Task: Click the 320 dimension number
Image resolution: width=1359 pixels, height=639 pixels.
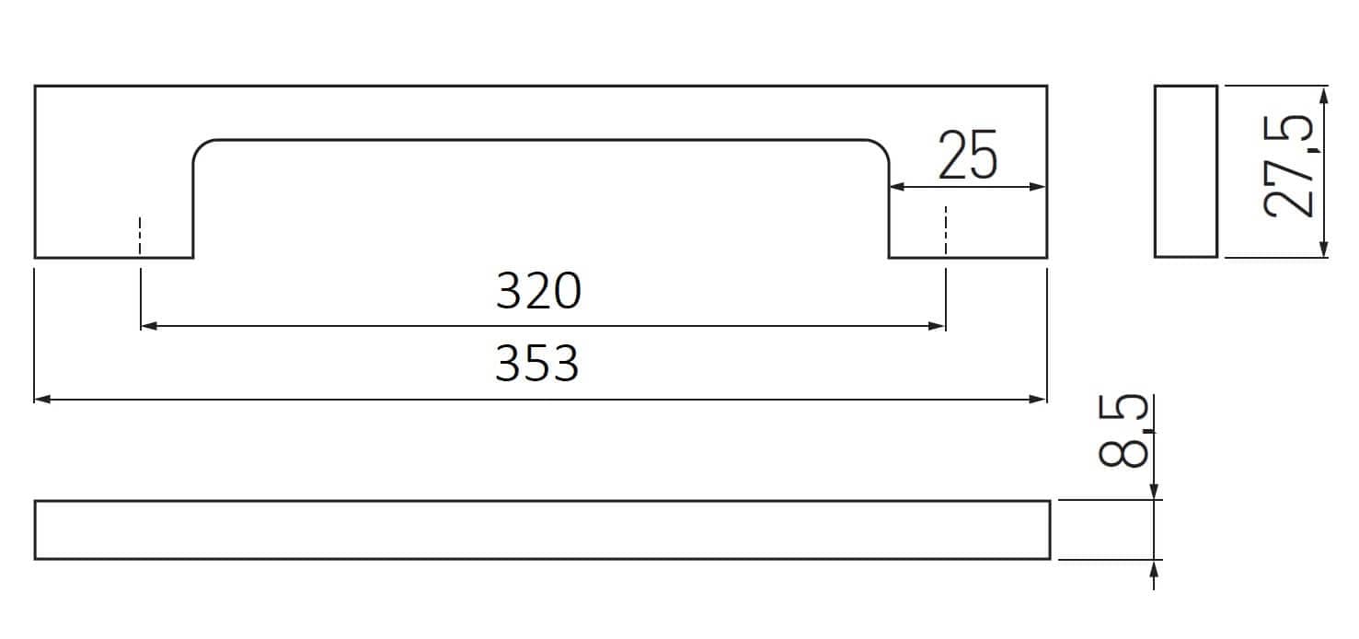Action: [539, 291]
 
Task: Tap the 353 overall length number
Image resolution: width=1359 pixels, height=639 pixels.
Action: [537, 363]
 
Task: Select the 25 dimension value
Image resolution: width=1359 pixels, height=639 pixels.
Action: [968, 155]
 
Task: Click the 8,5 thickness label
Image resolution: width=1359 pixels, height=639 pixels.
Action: [1123, 431]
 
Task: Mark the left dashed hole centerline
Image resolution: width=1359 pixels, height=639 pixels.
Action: [140, 236]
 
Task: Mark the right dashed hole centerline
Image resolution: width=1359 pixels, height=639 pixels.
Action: [945, 230]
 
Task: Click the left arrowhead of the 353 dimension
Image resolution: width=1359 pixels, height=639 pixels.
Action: [42, 400]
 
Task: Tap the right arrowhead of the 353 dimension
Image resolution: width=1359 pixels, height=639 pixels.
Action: [1038, 400]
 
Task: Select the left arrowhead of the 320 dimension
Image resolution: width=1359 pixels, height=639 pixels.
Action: [149, 326]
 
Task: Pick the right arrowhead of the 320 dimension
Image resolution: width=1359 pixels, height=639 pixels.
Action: [937, 326]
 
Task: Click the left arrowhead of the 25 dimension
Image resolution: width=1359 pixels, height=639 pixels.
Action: [898, 186]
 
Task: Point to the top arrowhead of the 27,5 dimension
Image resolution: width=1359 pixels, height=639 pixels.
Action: [1324, 95]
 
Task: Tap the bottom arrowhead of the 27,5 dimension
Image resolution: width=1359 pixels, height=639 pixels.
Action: [1324, 249]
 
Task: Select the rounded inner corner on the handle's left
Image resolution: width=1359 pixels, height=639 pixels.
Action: [201, 147]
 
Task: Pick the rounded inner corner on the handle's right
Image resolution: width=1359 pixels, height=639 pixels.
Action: [881, 147]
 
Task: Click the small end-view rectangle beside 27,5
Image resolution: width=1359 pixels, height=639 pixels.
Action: [1186, 171]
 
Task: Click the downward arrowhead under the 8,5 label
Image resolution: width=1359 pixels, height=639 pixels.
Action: [1154, 492]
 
